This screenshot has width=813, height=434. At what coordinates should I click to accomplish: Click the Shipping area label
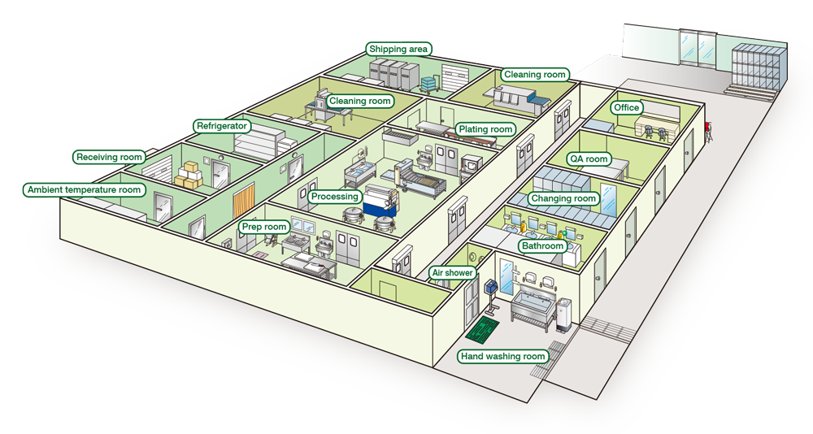(x=398, y=50)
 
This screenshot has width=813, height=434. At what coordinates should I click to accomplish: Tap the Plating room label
(x=485, y=129)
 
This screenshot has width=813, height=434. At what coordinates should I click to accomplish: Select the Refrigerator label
(x=222, y=126)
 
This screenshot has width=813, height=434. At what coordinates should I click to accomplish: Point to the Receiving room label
(x=109, y=157)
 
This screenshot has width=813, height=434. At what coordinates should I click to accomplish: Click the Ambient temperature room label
(x=85, y=190)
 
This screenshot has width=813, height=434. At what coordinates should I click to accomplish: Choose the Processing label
(x=334, y=197)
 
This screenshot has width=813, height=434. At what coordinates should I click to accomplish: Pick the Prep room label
(x=264, y=227)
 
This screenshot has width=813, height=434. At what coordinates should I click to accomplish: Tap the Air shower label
(x=453, y=273)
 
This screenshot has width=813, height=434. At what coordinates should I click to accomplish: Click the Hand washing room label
(x=502, y=356)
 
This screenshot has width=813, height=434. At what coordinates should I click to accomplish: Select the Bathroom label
(x=542, y=245)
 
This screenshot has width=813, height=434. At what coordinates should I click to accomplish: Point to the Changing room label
(x=563, y=198)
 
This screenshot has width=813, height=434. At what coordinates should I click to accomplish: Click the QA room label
(x=589, y=159)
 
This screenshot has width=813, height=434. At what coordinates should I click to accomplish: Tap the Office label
(x=627, y=107)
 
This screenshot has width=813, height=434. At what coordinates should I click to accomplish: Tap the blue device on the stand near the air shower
(x=491, y=288)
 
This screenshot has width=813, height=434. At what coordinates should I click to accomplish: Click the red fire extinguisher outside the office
(x=709, y=129)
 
